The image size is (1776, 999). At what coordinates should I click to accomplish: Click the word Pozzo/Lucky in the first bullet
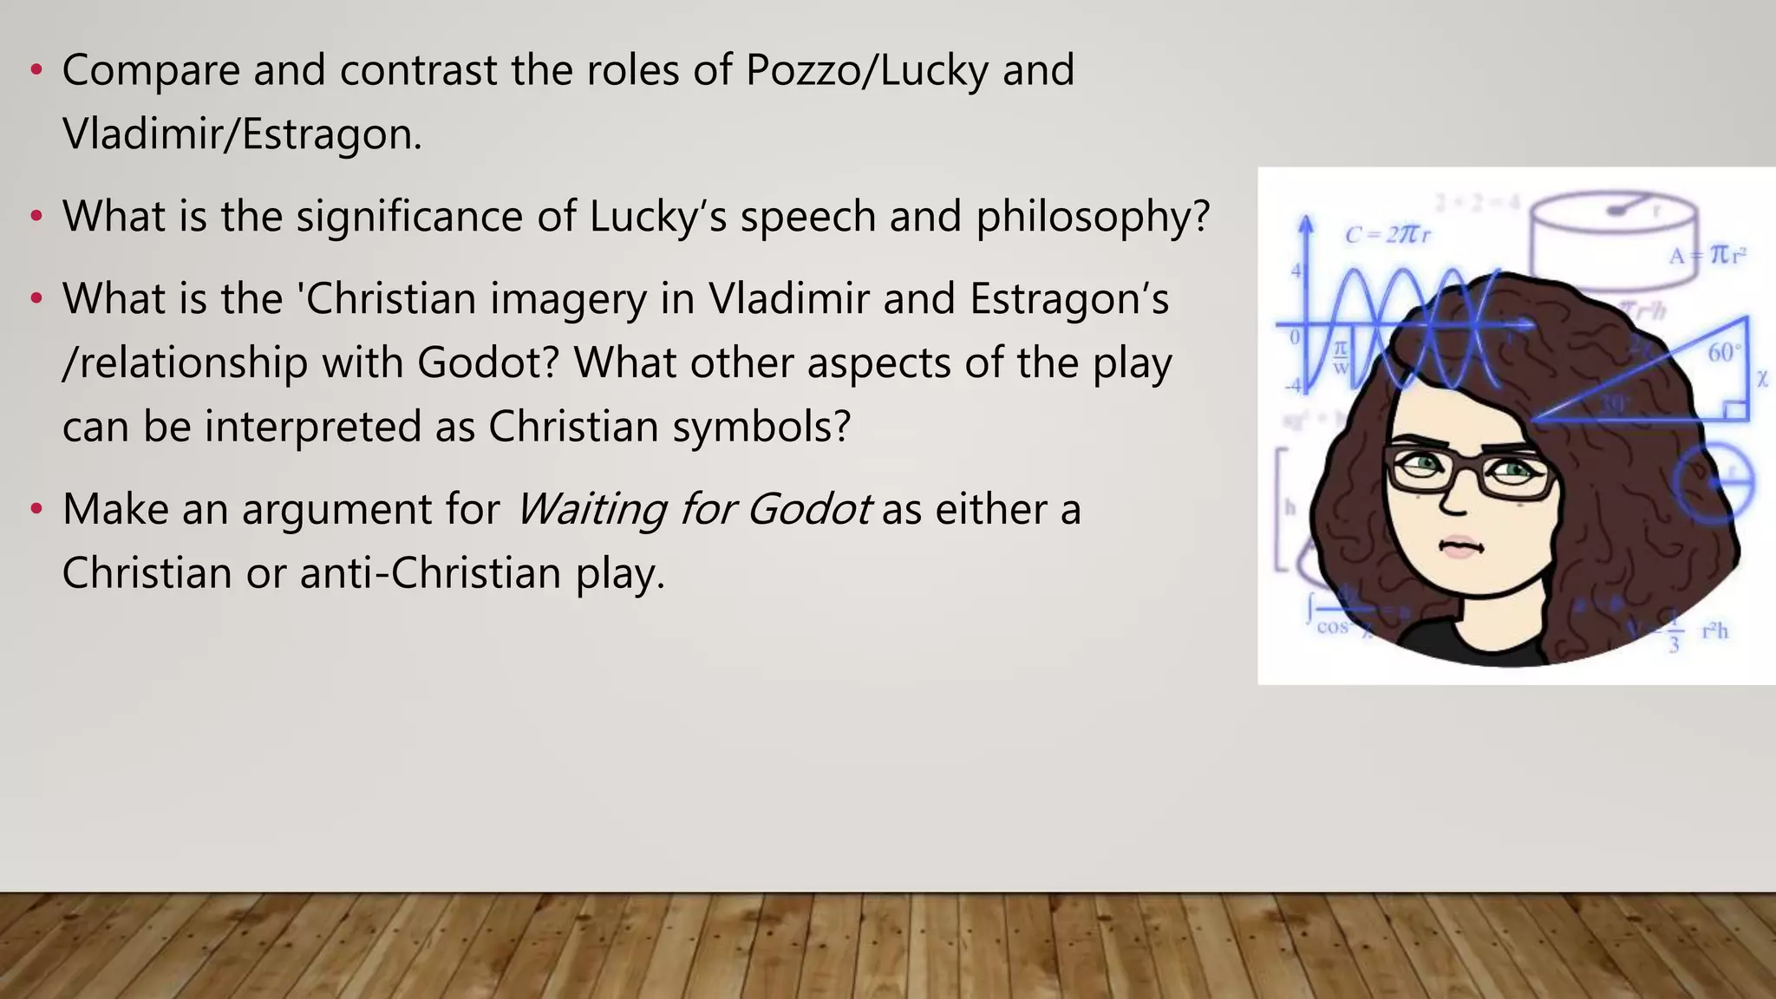[866, 70]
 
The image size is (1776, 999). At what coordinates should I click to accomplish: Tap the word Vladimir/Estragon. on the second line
[242, 134]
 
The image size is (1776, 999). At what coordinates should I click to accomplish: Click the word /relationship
[185, 363]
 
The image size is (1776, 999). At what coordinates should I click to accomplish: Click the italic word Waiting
[591, 509]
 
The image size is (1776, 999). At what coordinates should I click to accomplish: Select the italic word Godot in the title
[808, 509]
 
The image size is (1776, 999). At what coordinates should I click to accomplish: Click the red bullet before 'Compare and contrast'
[36, 70]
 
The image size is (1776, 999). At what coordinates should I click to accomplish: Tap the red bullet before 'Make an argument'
[36, 509]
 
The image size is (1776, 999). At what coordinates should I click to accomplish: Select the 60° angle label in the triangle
[1721, 353]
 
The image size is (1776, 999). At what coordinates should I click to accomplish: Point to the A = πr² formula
[1707, 255]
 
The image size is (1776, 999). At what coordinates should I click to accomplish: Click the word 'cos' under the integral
[1333, 627]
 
